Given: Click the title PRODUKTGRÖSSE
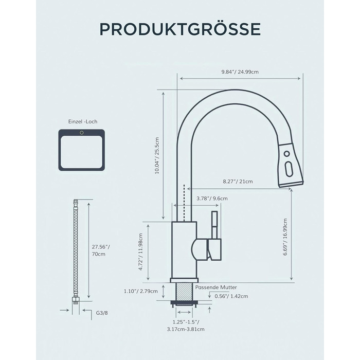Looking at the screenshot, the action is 180,29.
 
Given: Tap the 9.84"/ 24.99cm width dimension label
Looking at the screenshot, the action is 240,72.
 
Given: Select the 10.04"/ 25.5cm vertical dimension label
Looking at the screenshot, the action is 157,155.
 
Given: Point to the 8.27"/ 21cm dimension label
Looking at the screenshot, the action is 238,182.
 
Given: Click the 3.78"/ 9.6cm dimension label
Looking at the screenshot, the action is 212,199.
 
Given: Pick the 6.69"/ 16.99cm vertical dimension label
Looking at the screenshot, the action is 285,237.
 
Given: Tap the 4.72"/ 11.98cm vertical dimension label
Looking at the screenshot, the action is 141,252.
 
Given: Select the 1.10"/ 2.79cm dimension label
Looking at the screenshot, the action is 141,292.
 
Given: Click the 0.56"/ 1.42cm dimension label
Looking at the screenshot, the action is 231,296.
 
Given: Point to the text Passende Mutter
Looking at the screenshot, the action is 216,287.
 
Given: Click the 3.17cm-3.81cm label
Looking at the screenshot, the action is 186,329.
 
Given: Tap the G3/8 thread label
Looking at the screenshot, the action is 102,313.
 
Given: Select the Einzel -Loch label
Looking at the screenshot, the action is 83,121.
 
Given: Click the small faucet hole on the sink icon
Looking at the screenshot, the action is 81,133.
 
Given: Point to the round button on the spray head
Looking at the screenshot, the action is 287,154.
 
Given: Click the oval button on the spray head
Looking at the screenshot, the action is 289,169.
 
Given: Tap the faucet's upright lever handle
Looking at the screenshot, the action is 214,225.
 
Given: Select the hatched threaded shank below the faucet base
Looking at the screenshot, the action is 184,292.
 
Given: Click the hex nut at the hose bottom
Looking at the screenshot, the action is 76,299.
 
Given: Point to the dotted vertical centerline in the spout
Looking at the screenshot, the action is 184,203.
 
